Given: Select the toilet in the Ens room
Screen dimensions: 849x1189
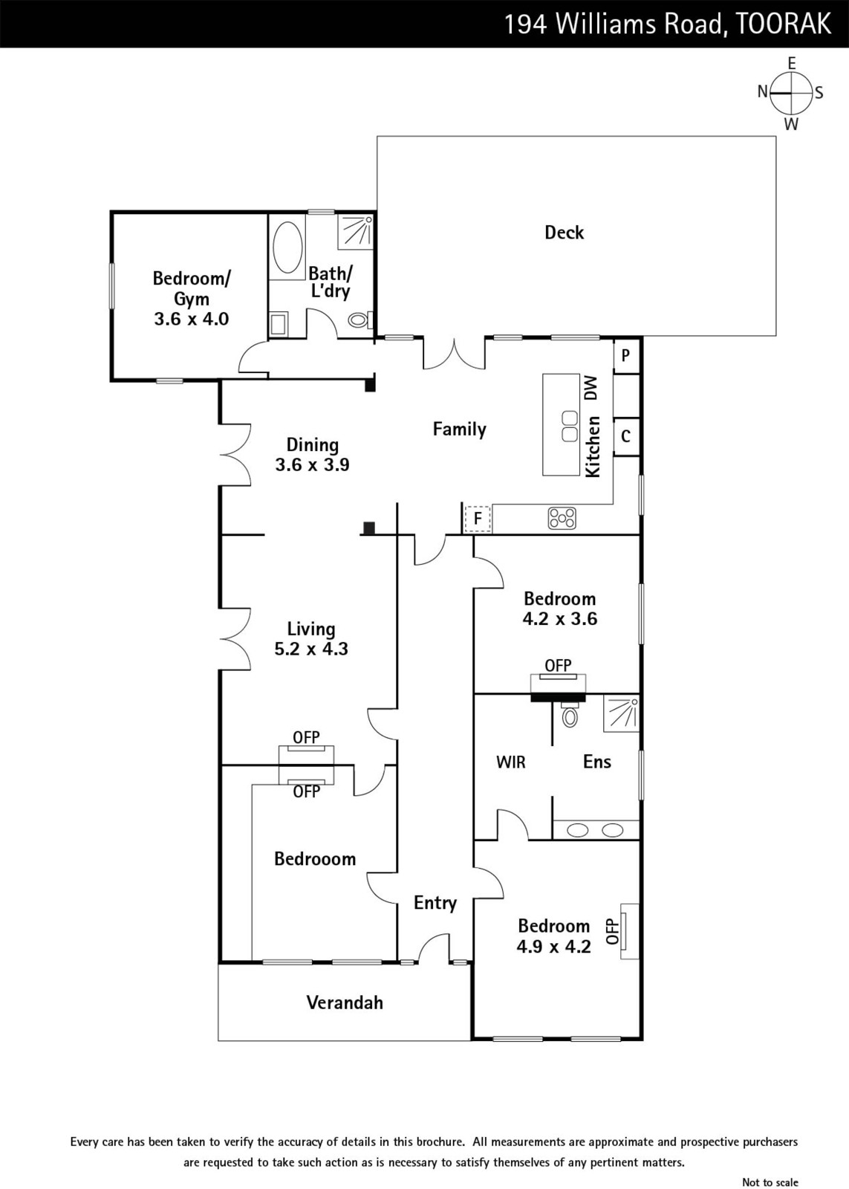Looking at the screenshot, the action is click(x=570, y=714).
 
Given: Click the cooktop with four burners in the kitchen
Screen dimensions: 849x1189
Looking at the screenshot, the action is click(x=562, y=518).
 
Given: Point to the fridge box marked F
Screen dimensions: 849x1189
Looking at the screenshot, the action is click(x=478, y=519).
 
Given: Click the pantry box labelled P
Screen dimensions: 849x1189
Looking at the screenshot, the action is click(x=626, y=356).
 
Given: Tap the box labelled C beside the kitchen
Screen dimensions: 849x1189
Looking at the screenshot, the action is click(x=626, y=436).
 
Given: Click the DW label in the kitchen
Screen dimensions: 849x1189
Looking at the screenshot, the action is click(x=591, y=388).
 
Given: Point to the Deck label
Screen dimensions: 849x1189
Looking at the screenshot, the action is click(x=564, y=233).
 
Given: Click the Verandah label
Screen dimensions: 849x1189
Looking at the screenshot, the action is click(x=345, y=1002).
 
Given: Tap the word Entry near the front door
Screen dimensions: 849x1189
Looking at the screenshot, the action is click(x=435, y=903).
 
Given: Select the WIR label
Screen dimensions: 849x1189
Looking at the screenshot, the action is click(x=511, y=762).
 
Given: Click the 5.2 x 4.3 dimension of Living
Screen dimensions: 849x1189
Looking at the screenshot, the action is click(x=311, y=649).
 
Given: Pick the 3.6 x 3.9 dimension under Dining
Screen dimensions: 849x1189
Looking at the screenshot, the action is click(x=312, y=464).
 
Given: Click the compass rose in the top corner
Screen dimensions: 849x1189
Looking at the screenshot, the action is click(x=790, y=93).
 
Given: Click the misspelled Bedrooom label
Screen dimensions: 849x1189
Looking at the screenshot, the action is click(x=315, y=859).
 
